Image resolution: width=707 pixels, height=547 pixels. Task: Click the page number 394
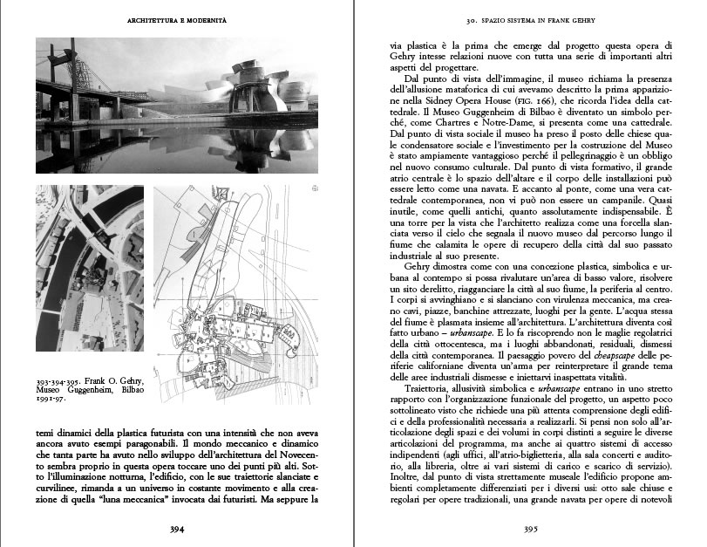click(x=177, y=528)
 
